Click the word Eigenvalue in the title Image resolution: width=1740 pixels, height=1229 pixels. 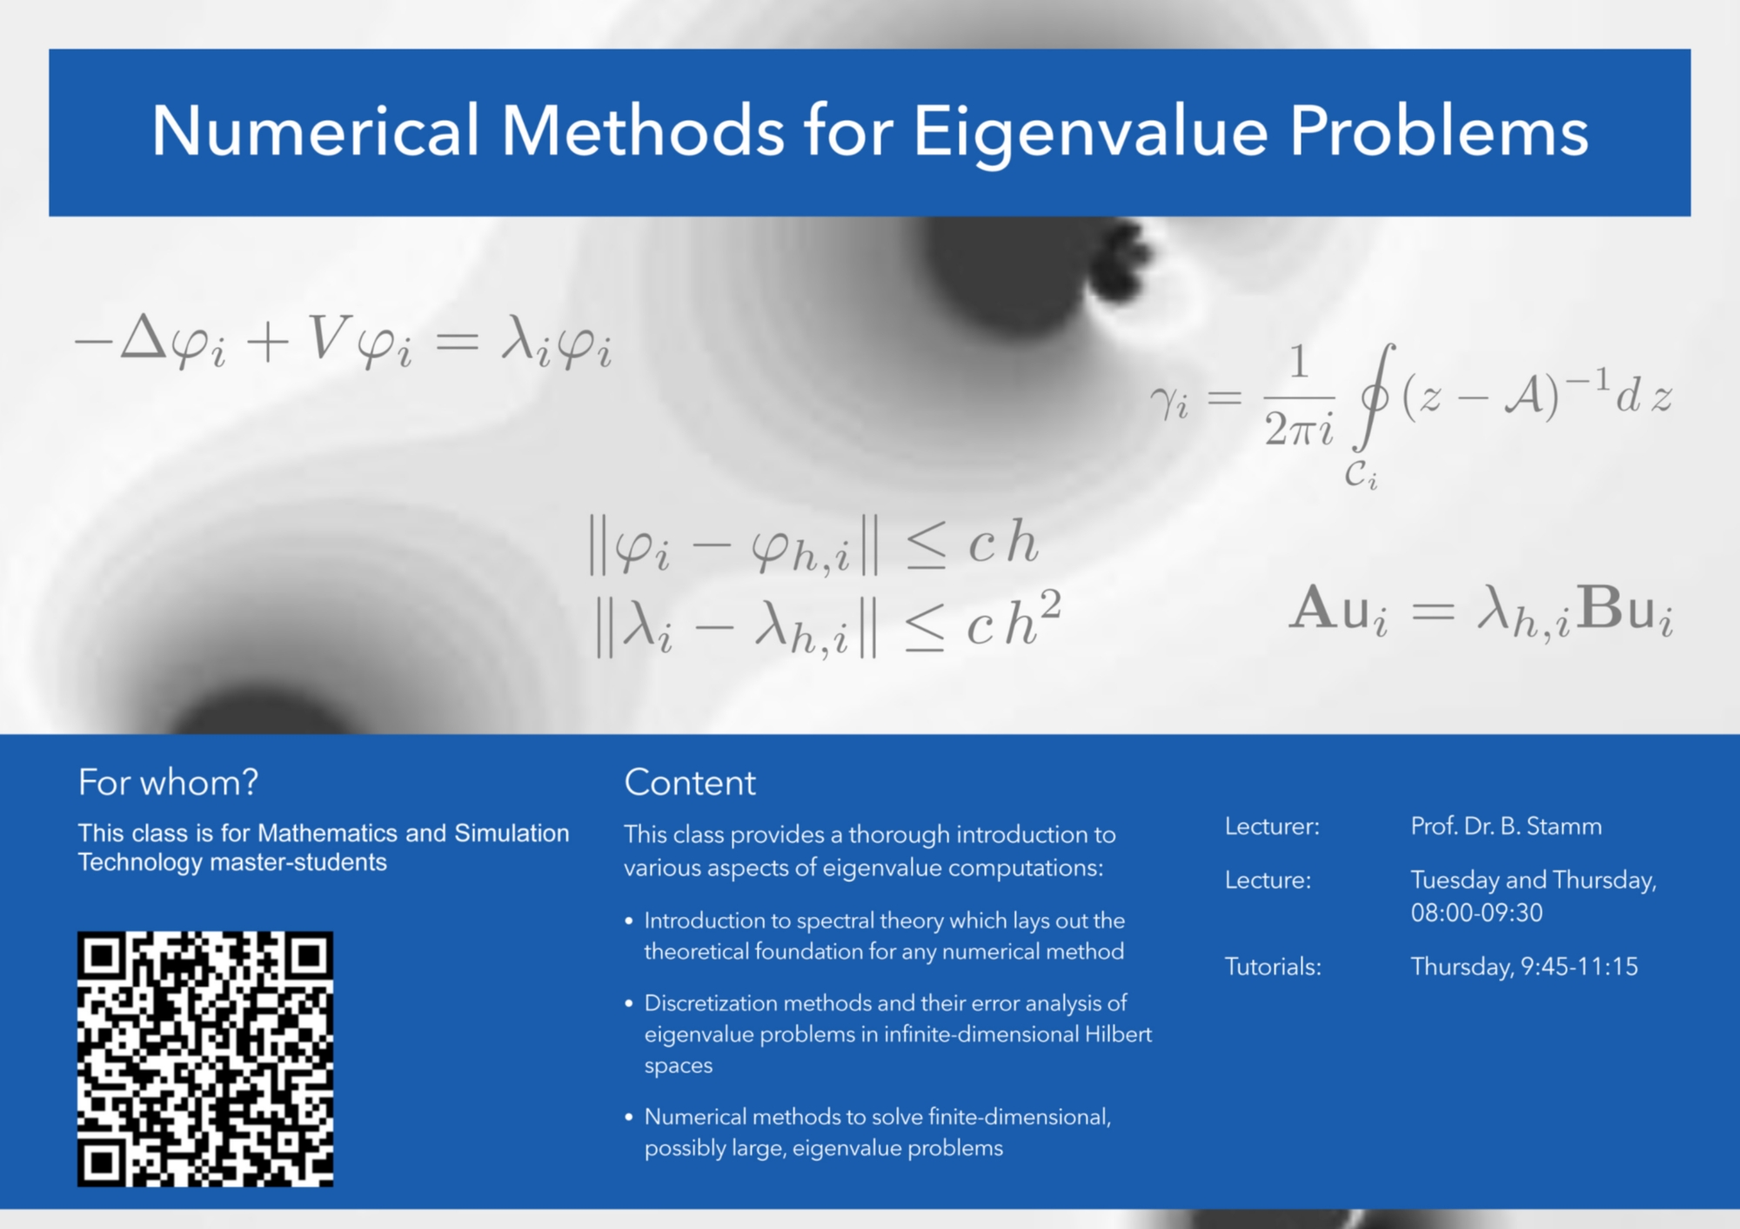(x=1090, y=133)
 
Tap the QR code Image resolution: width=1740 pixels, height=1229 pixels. (x=205, y=1059)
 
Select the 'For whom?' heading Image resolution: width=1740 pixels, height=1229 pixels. (x=168, y=783)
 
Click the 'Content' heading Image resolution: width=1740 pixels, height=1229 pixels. (x=690, y=783)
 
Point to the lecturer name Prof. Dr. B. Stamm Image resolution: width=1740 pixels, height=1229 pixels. (x=1506, y=826)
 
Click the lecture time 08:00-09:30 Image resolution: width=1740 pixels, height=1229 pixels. (x=1476, y=912)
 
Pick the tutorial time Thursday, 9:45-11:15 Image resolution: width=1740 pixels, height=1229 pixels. (x=1524, y=966)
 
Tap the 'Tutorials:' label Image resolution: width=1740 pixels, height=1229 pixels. (x=1273, y=966)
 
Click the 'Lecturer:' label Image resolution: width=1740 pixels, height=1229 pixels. (x=1272, y=826)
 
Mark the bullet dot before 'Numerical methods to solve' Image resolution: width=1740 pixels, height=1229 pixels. (x=629, y=1117)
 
